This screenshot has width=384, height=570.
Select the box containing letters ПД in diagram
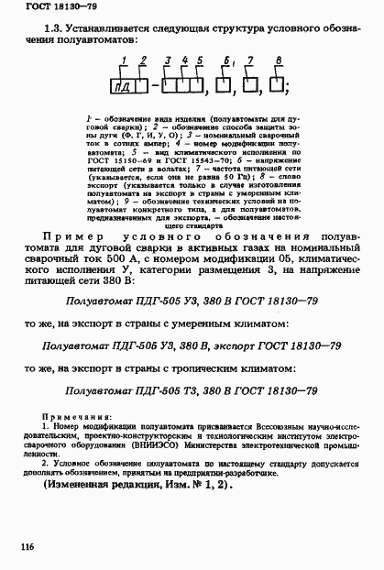click(x=124, y=89)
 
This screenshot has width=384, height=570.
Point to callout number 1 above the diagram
click(x=122, y=60)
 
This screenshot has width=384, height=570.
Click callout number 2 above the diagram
click(x=141, y=60)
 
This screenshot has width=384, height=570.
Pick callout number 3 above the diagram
click(x=167, y=61)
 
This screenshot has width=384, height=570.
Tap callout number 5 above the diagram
click(x=199, y=61)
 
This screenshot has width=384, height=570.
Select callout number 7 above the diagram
click(x=249, y=61)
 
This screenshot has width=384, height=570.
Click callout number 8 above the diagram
click(x=277, y=60)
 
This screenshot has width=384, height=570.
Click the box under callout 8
click(x=277, y=89)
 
